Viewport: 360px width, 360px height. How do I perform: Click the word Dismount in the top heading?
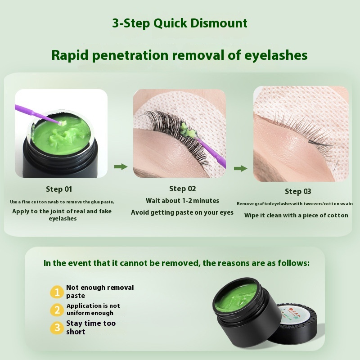[x=219, y=23]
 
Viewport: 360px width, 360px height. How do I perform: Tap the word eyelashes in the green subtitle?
[x=276, y=55]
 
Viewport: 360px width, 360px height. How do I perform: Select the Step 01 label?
[x=59, y=189]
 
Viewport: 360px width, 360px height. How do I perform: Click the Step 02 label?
[x=183, y=189]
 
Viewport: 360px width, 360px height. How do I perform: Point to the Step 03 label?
[x=298, y=192]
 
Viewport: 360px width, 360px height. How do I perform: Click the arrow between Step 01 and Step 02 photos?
[x=121, y=166]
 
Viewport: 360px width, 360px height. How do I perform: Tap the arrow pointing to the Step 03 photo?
[x=241, y=168]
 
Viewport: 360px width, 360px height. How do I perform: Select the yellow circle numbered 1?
[x=57, y=292]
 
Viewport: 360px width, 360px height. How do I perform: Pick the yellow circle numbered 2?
[x=57, y=310]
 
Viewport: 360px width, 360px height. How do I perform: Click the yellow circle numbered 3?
[x=57, y=328]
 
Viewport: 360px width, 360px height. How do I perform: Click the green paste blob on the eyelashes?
[x=188, y=130]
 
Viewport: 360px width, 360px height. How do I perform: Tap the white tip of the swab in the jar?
[x=61, y=123]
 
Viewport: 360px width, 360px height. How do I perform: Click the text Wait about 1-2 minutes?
[x=183, y=201]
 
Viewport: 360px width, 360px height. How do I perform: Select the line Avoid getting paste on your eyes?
[x=182, y=212]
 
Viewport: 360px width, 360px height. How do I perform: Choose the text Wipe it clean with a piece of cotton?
[x=296, y=216]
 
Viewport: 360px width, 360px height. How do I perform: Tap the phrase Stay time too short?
[x=91, y=328]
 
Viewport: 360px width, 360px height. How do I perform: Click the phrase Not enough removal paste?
[x=100, y=292]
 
